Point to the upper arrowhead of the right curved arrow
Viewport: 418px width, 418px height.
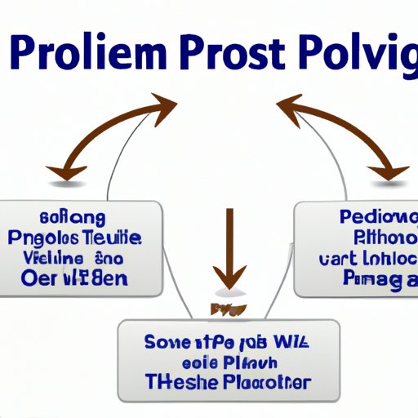point(287,105)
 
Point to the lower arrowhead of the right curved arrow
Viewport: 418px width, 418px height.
point(391,171)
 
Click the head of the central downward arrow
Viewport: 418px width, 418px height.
point(229,273)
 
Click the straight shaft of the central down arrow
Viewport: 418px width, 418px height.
point(229,233)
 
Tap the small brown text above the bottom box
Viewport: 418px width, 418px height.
point(229,309)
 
